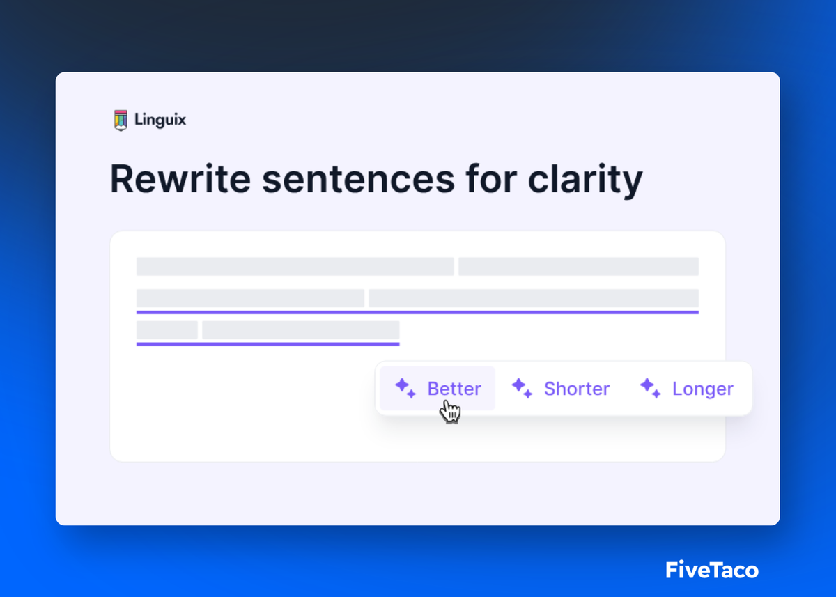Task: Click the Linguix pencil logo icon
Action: (121, 121)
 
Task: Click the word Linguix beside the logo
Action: (160, 121)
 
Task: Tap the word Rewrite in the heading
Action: (180, 180)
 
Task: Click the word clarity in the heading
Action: (585, 180)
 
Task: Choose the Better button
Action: (438, 389)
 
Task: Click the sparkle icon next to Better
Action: (405, 388)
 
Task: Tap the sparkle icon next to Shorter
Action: (522, 388)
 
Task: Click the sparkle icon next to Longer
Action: (650, 388)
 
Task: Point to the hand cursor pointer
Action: (451, 411)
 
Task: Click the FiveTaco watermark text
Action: (711, 571)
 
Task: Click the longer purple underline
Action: (417, 312)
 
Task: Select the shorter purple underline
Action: (268, 343)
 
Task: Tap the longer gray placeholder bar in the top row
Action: (295, 267)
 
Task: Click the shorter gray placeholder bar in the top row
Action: (578, 267)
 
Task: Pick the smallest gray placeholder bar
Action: (167, 330)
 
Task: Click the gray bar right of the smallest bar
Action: (300, 330)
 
